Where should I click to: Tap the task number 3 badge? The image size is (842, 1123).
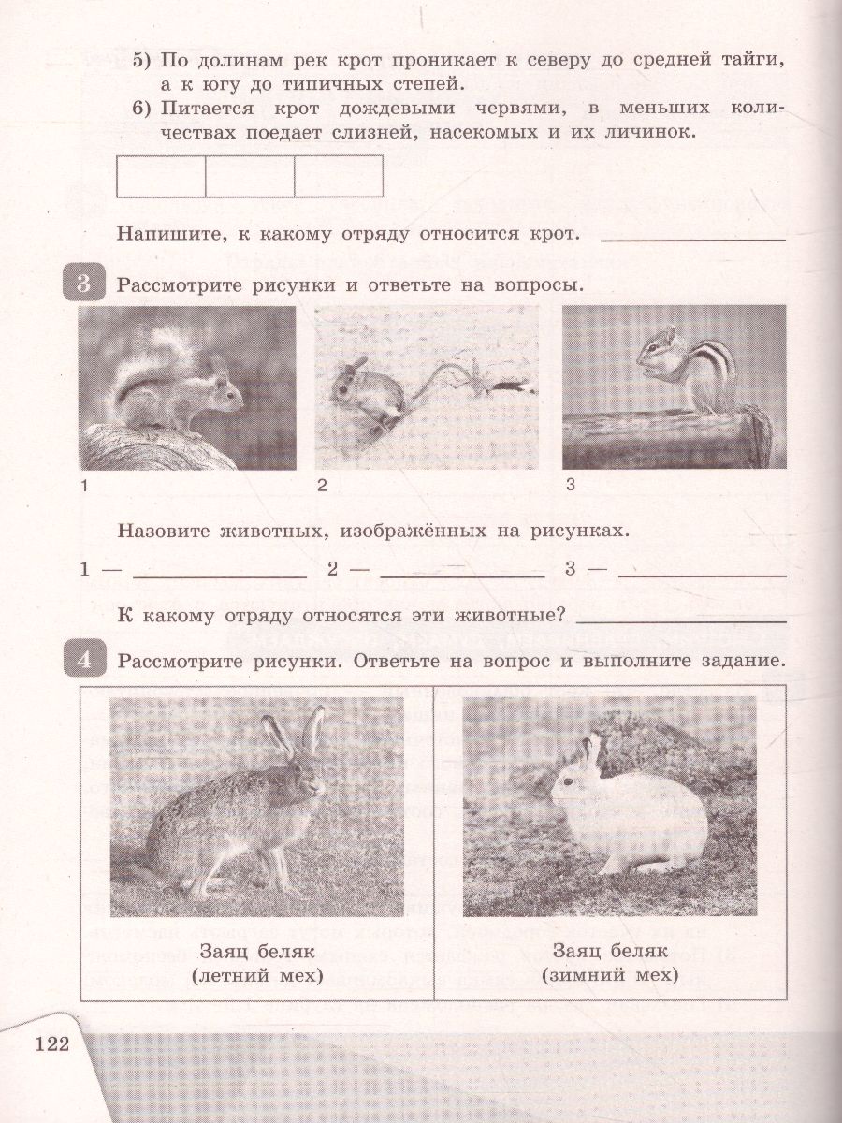click(x=83, y=284)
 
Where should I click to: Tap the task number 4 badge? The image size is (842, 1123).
click(x=83, y=661)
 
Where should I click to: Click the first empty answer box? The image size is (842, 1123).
click(x=161, y=177)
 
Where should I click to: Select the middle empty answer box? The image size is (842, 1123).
click(x=250, y=177)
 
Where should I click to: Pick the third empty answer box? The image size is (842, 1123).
click(x=339, y=177)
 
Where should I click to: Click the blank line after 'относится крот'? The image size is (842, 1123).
click(x=692, y=240)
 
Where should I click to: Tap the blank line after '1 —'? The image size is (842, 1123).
click(x=221, y=575)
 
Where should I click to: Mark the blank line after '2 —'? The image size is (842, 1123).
click(x=462, y=575)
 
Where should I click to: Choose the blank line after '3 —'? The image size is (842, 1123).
click(x=702, y=575)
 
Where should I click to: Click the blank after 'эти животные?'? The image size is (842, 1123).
click(x=681, y=620)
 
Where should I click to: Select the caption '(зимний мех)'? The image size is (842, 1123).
click(x=609, y=976)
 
